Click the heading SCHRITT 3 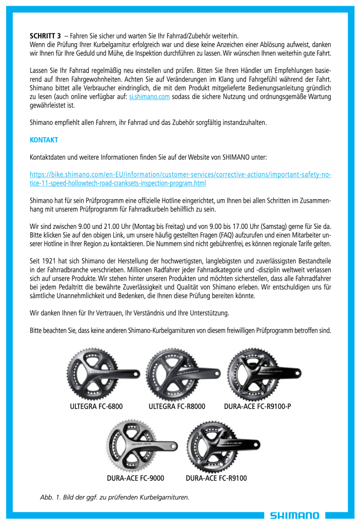pyautogui.click(x=45, y=36)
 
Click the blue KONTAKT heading pyautogui.click(x=44, y=140)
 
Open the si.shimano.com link pyautogui.click(x=149, y=96)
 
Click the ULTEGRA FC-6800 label pyautogui.click(x=96, y=407)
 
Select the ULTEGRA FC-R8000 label pyautogui.click(x=176, y=407)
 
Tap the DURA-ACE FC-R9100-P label pyautogui.click(x=257, y=407)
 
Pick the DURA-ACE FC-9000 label pyautogui.click(x=135, y=478)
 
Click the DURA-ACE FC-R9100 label pyautogui.click(x=216, y=478)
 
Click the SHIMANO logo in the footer pyautogui.click(x=295, y=515)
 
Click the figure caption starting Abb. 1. pyautogui.click(x=115, y=497)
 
